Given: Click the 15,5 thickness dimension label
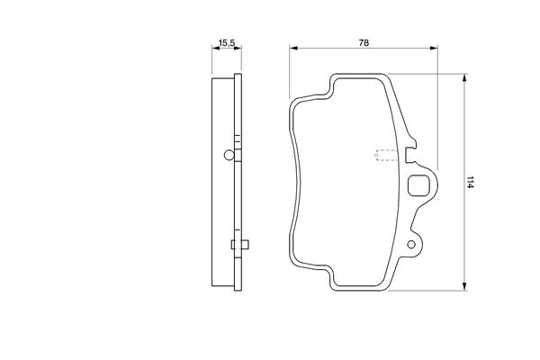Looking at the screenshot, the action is [x=227, y=43].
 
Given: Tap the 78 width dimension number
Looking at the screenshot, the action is [x=364, y=43].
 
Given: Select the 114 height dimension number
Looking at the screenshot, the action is [x=470, y=182].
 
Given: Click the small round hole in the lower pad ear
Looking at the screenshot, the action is [x=411, y=245].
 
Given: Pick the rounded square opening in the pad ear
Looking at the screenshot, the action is [x=418, y=185].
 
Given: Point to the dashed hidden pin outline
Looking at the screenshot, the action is [x=386, y=156].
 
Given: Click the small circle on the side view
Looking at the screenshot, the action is [x=229, y=155].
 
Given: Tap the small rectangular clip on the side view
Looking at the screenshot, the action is [x=240, y=245].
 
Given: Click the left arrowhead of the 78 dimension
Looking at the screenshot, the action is [x=293, y=48].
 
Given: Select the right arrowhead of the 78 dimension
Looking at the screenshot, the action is [x=434, y=48].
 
